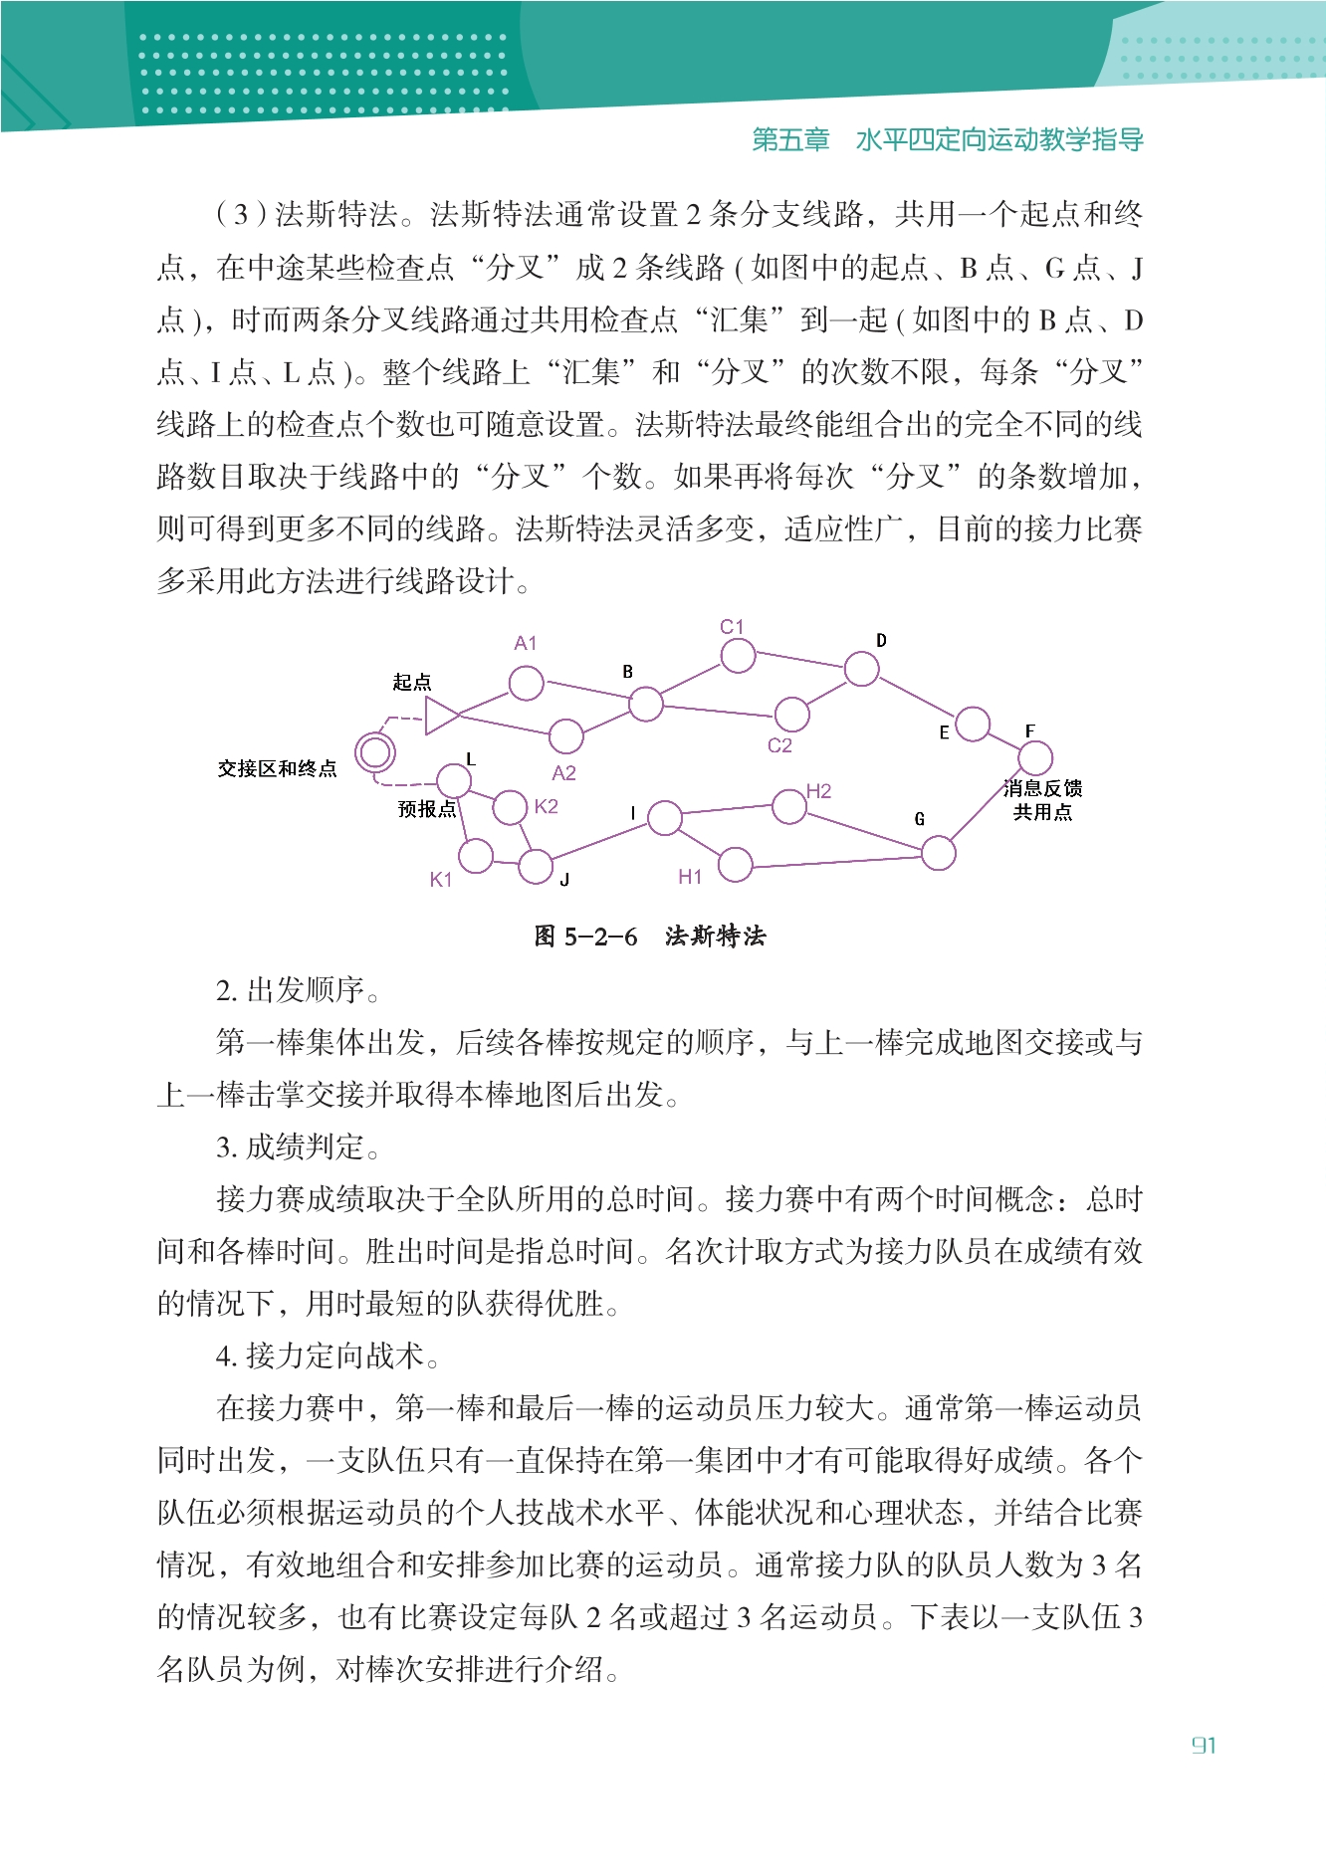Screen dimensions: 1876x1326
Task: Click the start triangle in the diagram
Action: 440,715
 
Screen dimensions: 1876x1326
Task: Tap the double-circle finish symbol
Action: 375,752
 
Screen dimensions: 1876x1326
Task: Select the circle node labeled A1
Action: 526,684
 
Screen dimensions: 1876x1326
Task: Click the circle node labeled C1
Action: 738,656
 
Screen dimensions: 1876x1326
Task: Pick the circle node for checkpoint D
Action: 861,669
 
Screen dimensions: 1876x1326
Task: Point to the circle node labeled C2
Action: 791,713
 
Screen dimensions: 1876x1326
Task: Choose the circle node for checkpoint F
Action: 1035,758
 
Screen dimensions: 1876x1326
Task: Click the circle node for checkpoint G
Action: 938,853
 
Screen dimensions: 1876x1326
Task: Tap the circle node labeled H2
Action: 789,807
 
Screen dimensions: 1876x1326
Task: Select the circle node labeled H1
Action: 735,865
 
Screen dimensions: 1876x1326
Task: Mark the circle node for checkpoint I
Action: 664,819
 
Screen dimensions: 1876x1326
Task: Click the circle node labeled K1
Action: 476,855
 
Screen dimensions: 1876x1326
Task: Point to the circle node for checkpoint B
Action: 645,704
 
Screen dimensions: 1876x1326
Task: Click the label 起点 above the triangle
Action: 411,683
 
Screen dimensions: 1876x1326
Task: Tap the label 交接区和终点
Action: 277,769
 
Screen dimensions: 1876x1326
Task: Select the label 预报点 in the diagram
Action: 426,809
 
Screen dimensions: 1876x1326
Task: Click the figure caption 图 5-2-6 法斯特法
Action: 650,937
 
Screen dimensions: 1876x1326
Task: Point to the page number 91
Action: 1204,1746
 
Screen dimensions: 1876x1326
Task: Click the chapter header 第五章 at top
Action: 790,140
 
